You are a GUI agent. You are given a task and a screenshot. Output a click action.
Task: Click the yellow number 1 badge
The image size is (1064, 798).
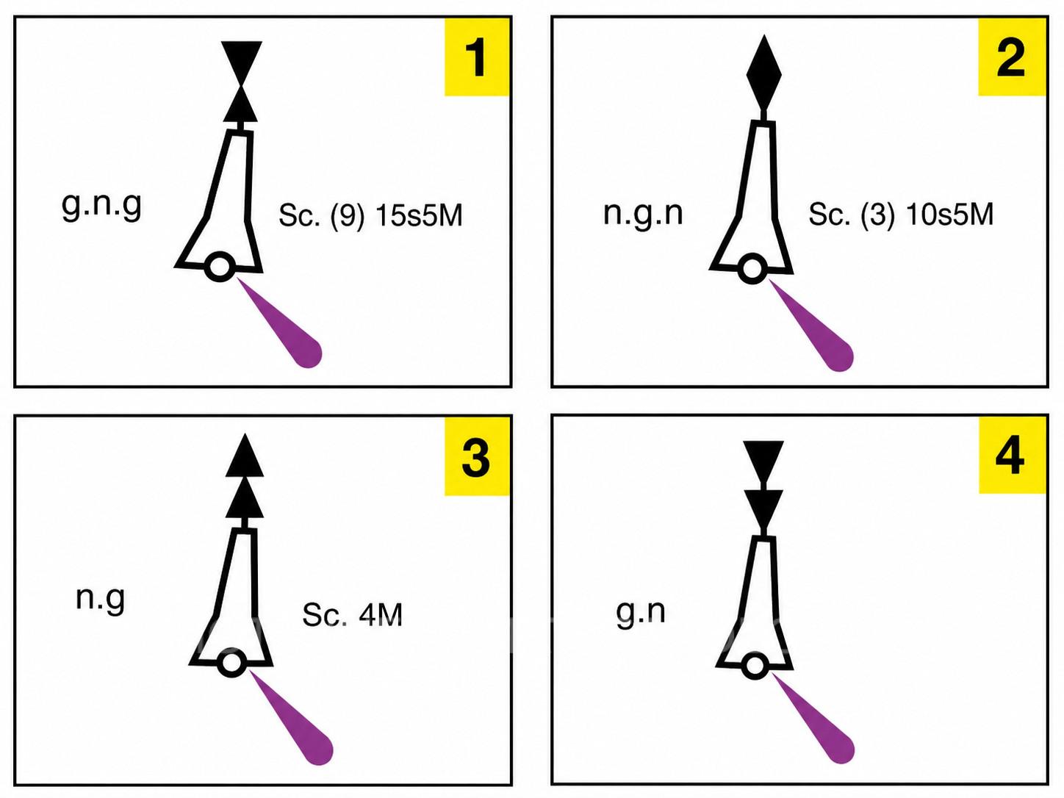pyautogui.click(x=477, y=57)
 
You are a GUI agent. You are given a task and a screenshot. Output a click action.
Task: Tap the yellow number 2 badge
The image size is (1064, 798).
pyautogui.click(x=1012, y=57)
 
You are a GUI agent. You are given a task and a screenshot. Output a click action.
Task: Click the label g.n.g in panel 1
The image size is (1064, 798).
pyautogui.click(x=102, y=206)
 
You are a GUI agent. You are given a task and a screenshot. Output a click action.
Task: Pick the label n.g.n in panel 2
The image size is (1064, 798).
pyautogui.click(x=643, y=212)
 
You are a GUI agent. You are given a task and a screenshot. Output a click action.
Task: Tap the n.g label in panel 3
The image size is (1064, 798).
pyautogui.click(x=101, y=600)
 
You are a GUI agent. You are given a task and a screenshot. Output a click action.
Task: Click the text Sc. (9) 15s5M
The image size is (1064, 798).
pyautogui.click(x=371, y=216)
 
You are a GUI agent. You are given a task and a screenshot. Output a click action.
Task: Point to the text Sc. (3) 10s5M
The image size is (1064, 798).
pyautogui.click(x=901, y=215)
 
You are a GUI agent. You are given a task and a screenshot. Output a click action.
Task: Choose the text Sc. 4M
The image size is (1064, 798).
pyautogui.click(x=353, y=615)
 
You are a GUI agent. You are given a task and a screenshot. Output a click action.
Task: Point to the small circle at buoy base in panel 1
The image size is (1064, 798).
pyautogui.click(x=220, y=267)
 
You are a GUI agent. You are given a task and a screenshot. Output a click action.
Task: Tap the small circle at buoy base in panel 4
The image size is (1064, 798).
pyautogui.click(x=755, y=666)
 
